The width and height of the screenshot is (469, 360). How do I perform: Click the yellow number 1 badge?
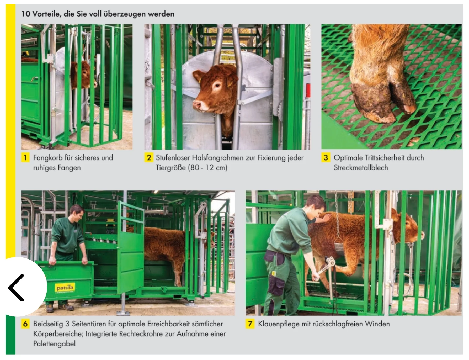[25, 157]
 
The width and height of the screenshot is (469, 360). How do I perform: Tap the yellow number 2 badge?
[149, 157]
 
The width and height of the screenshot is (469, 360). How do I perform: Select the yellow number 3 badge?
[326, 157]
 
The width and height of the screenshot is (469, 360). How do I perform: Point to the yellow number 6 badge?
[25, 324]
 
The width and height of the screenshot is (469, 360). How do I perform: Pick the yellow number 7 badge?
[250, 324]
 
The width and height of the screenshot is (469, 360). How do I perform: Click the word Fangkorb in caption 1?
[48, 158]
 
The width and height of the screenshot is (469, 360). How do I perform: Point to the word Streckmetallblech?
[361, 168]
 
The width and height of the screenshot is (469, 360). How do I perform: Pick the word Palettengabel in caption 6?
[54, 344]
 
